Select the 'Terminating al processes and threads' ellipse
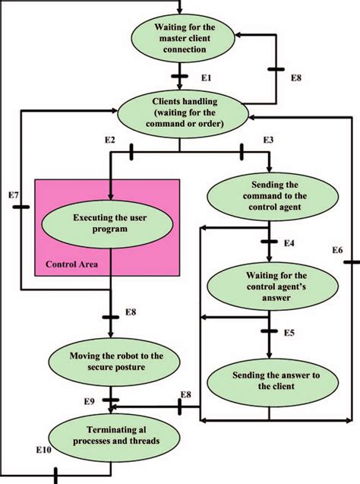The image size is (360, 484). click(110, 437)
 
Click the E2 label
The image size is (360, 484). click(109, 141)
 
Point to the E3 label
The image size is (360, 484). click(267, 141)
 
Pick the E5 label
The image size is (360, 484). click(289, 333)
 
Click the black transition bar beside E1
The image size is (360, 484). click(180, 76)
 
